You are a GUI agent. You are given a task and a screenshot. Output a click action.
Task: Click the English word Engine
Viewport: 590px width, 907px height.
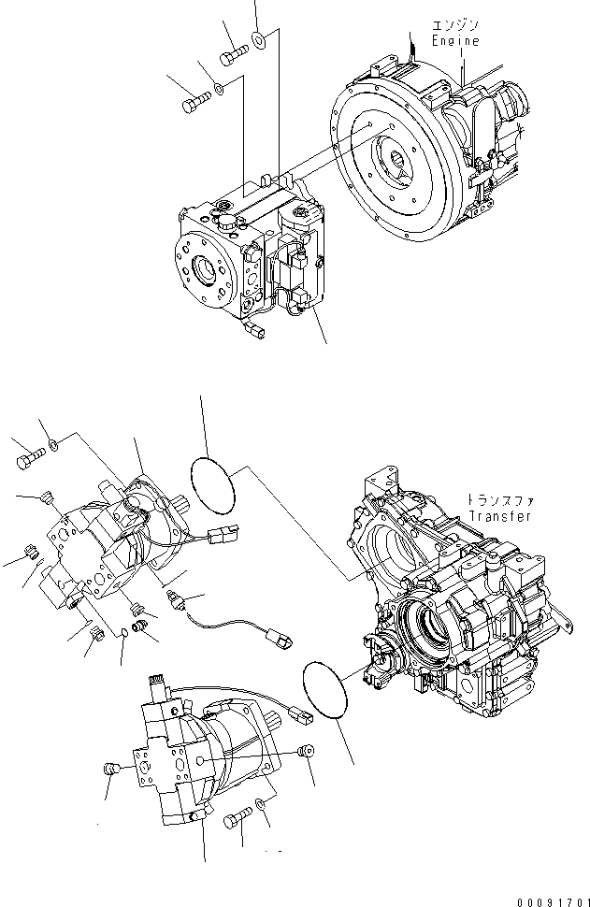click(x=454, y=41)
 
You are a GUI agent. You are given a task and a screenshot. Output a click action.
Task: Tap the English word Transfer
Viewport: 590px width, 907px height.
click(x=501, y=516)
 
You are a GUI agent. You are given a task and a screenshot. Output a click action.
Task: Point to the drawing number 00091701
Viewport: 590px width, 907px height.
click(x=547, y=896)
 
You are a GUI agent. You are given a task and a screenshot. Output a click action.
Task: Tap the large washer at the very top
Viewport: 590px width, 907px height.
click(x=259, y=41)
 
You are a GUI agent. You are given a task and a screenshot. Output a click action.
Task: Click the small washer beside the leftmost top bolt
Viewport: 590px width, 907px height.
click(x=218, y=88)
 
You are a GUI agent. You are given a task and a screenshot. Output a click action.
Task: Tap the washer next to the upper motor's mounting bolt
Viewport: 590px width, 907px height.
click(x=53, y=442)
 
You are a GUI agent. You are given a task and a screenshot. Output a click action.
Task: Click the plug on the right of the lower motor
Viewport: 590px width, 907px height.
click(x=303, y=752)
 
